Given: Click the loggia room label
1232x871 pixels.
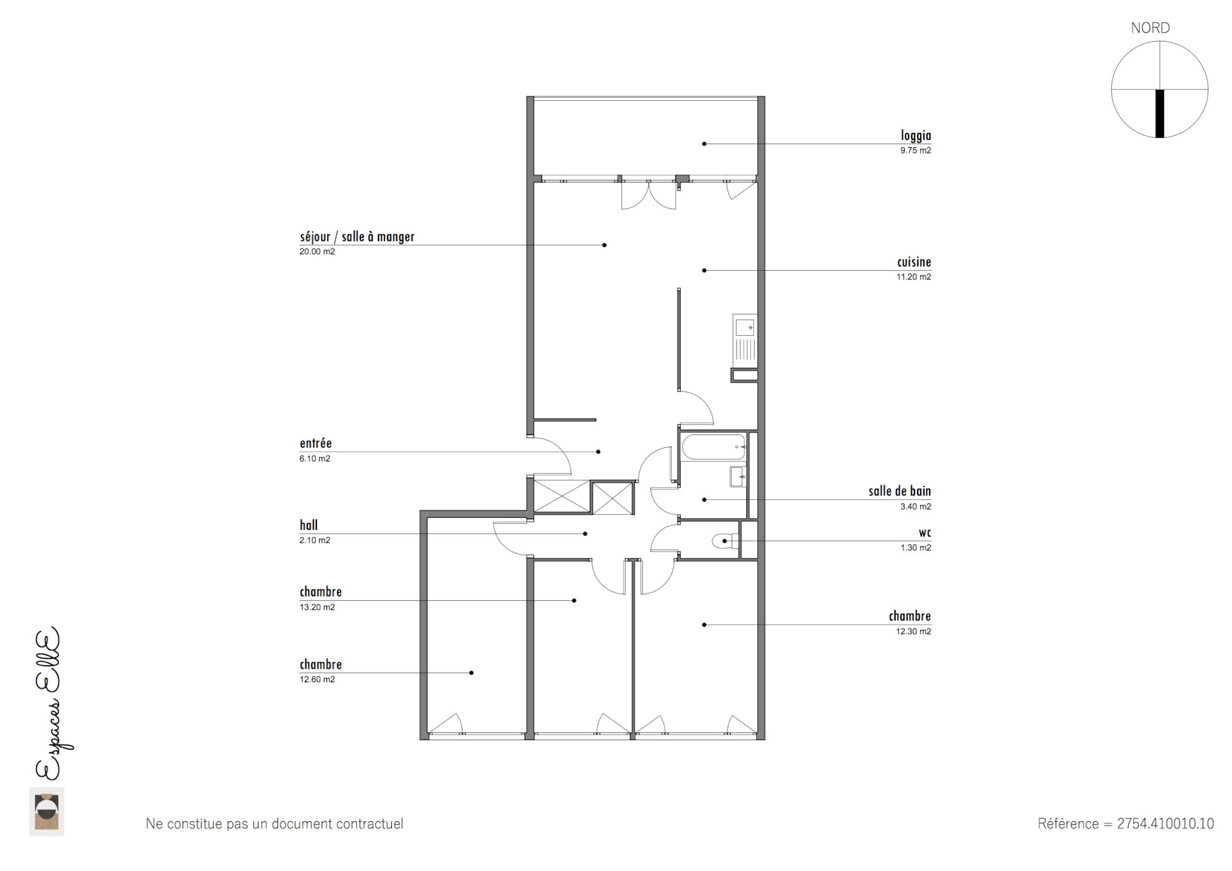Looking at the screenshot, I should click(x=915, y=135).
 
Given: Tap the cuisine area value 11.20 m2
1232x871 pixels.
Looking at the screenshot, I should click(x=913, y=277).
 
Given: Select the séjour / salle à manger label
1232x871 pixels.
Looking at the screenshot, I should click(x=357, y=237).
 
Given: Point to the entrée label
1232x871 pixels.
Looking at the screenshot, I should click(x=316, y=444).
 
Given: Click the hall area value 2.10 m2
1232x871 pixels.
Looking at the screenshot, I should click(x=314, y=540).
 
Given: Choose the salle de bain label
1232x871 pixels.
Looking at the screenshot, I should click(x=899, y=492).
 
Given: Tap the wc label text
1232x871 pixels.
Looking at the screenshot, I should click(x=925, y=533).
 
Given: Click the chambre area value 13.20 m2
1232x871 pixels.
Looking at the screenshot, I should click(x=317, y=607).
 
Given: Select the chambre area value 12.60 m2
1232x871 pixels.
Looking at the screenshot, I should click(x=317, y=680).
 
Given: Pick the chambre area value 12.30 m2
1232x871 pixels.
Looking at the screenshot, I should click(x=913, y=632).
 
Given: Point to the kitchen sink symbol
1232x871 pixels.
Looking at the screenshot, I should click(x=745, y=328).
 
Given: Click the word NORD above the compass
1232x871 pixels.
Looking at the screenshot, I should click(x=1150, y=28).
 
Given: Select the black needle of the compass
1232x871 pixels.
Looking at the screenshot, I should click(x=1159, y=113).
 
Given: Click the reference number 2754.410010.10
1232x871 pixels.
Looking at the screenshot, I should click(x=1165, y=824).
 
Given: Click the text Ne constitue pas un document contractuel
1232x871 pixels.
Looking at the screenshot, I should click(x=275, y=824).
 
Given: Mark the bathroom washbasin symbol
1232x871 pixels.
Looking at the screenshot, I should click(x=738, y=476).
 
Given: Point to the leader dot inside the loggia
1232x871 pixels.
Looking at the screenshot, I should click(x=704, y=144).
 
